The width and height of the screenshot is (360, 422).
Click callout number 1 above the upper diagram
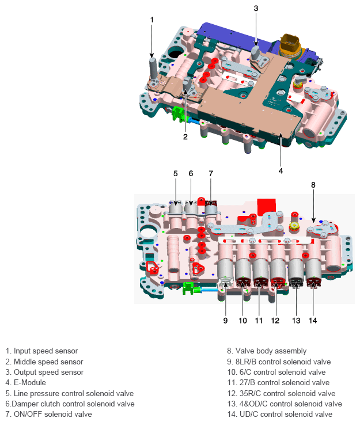click(152, 20)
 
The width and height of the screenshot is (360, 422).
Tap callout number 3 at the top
click(256, 8)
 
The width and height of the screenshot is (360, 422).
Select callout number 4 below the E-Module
click(281, 170)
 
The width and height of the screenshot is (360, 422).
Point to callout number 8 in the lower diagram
click(313, 185)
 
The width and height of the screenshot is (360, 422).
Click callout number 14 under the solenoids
click(313, 320)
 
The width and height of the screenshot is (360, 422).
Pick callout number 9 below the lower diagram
click(225, 320)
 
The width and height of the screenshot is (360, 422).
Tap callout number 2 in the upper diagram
click(185, 136)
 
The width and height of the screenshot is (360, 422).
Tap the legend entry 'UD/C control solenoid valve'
click(282, 414)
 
